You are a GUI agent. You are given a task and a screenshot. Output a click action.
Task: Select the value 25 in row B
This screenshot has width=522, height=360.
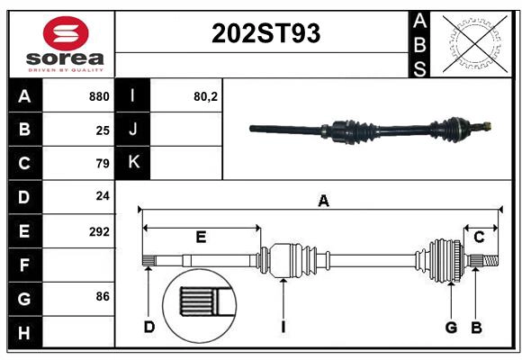coord(103,130)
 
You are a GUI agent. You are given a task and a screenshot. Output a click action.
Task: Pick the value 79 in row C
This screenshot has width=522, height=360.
coord(103,164)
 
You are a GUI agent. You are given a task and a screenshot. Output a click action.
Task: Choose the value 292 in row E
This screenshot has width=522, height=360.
coord(99,231)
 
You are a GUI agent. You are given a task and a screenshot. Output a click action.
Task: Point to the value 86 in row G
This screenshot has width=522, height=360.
coord(103,296)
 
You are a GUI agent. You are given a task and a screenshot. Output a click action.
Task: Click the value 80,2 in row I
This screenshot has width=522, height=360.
coord(206,96)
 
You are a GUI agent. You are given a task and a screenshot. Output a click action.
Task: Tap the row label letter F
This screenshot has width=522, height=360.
coord(24,265)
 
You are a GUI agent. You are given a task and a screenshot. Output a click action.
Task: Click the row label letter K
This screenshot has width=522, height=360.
coord(133,163)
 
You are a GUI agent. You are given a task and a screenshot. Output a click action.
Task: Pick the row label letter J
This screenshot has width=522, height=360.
coord(133,130)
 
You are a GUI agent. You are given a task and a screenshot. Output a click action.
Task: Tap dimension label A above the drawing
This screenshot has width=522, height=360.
coord(323,202)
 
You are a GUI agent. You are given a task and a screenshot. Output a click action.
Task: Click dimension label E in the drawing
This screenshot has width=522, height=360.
coord(201,237)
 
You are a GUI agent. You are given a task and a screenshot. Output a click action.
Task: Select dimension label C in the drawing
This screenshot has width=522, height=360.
coord(480,237)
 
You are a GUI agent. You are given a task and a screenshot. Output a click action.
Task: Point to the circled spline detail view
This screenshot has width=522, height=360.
coord(200,303)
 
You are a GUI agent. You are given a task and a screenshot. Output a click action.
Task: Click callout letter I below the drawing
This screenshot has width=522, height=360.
coord(283,327)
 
